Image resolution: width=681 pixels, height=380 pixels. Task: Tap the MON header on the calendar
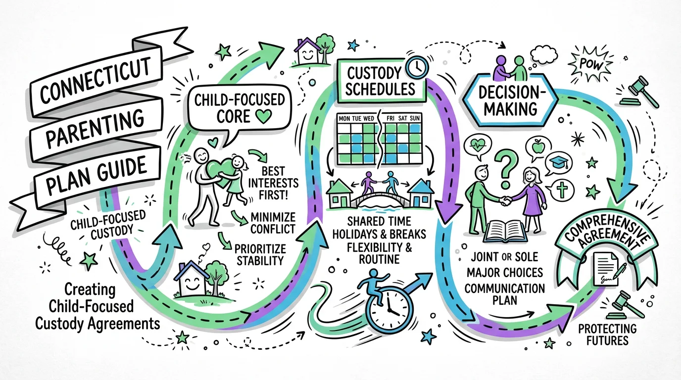click(344, 119)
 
